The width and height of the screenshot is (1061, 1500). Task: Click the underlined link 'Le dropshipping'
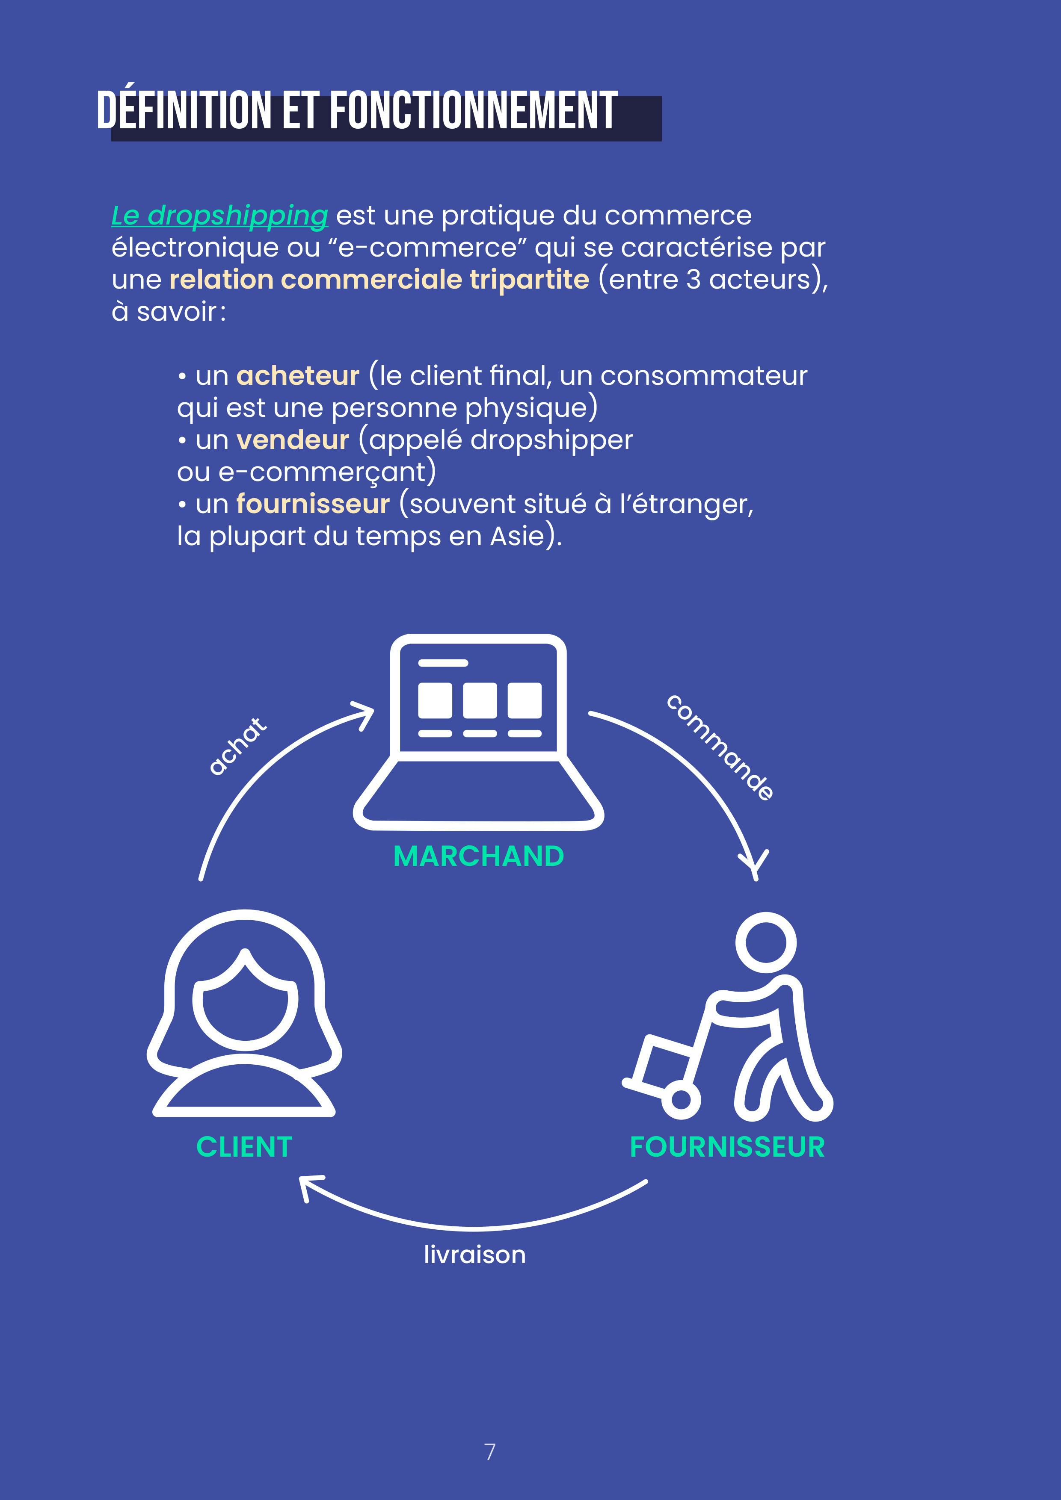click(x=219, y=216)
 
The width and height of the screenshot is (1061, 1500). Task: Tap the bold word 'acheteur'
click(x=297, y=376)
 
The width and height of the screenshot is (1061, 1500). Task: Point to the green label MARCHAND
click(x=479, y=856)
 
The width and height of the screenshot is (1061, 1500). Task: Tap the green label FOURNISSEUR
click(x=727, y=1147)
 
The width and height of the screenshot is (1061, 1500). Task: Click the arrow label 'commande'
click(x=720, y=747)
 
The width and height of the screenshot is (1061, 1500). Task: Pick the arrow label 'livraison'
click(x=474, y=1255)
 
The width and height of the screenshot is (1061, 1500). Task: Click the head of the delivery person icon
click(x=765, y=943)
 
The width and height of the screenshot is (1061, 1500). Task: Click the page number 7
click(x=489, y=1452)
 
